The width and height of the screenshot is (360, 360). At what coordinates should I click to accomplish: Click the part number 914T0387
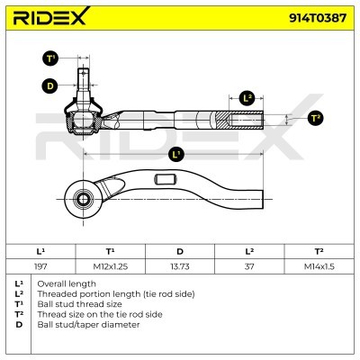318,18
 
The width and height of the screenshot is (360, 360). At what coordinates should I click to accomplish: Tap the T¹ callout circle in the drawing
50,58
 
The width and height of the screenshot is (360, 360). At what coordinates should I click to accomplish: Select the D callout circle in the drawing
49,86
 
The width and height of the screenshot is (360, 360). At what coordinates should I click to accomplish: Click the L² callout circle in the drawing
247,98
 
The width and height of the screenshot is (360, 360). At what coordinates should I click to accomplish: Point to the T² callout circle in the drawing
315,119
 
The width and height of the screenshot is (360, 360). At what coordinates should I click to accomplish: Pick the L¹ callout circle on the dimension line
176,154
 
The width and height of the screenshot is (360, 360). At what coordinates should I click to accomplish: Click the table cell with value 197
40,266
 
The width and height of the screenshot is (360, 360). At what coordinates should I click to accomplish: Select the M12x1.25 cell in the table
111,266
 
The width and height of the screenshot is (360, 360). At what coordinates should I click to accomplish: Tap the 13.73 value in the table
180,266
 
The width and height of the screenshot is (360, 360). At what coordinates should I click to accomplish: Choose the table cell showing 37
249,266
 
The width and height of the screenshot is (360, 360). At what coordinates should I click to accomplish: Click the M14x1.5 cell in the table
319,266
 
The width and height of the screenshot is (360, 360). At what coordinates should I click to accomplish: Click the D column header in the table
180,251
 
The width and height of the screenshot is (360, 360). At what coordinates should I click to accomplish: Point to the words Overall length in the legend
67,283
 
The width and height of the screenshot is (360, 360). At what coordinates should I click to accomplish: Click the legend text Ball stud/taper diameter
88,325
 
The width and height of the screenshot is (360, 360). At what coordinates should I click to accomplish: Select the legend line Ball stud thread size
79,304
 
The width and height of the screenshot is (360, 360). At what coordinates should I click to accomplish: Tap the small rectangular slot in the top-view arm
165,179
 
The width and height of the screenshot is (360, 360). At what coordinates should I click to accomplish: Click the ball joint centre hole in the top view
82,199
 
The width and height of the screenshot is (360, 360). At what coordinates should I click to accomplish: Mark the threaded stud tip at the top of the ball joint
84,71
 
